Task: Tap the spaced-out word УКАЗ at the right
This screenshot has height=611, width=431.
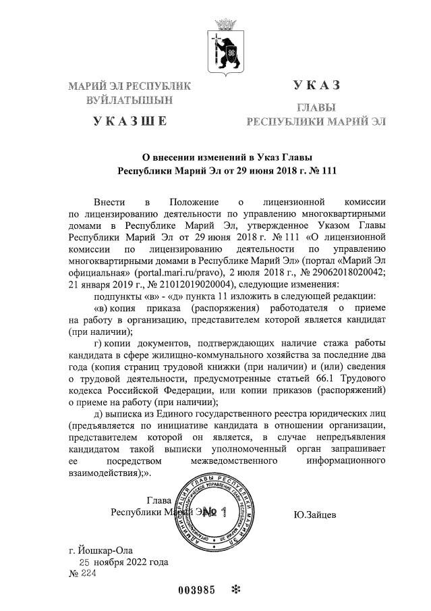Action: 316,86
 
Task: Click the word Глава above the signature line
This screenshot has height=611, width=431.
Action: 159,501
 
